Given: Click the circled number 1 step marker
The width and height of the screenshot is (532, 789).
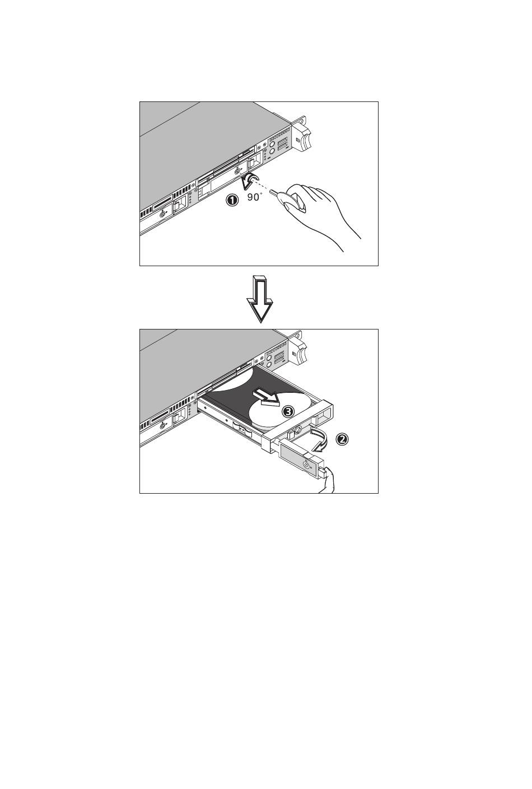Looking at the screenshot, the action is [232, 200].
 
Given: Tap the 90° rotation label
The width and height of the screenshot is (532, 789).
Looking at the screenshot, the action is [254, 197].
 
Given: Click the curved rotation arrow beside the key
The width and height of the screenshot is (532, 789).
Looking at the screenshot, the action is [250, 180].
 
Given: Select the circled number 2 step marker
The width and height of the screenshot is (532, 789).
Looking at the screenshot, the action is [342, 439].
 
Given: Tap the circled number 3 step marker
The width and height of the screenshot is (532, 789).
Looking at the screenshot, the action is [288, 411].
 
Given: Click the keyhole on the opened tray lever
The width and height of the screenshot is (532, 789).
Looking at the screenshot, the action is [306, 465].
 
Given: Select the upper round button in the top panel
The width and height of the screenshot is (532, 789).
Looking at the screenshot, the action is [272, 144].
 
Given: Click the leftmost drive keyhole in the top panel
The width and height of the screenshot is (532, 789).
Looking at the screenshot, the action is [162, 214].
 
